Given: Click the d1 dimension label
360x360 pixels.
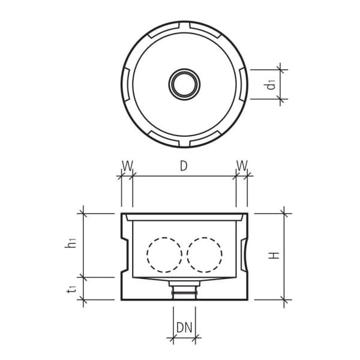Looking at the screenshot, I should point(272,84).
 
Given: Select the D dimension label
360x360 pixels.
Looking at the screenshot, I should point(184,166).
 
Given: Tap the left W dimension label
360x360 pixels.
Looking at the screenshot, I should point(127,165).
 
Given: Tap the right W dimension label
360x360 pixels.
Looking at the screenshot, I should point(241,165).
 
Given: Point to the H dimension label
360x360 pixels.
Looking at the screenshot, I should point(274,255).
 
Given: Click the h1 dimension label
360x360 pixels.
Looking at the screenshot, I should point(71,243).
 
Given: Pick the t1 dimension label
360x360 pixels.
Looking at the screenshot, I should point(71,289).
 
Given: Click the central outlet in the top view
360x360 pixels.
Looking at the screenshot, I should point(184,83).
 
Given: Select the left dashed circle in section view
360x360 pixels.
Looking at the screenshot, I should point(164,255).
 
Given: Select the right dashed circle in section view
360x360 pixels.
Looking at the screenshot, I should point(204,255).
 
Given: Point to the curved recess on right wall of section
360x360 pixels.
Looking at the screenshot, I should point(244,255).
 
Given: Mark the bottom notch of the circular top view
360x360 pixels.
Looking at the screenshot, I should point(184,141).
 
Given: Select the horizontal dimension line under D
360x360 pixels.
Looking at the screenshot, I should point(184,176).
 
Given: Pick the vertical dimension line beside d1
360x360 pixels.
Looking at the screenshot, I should point(281,84).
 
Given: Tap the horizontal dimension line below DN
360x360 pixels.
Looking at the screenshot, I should point(184,339).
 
